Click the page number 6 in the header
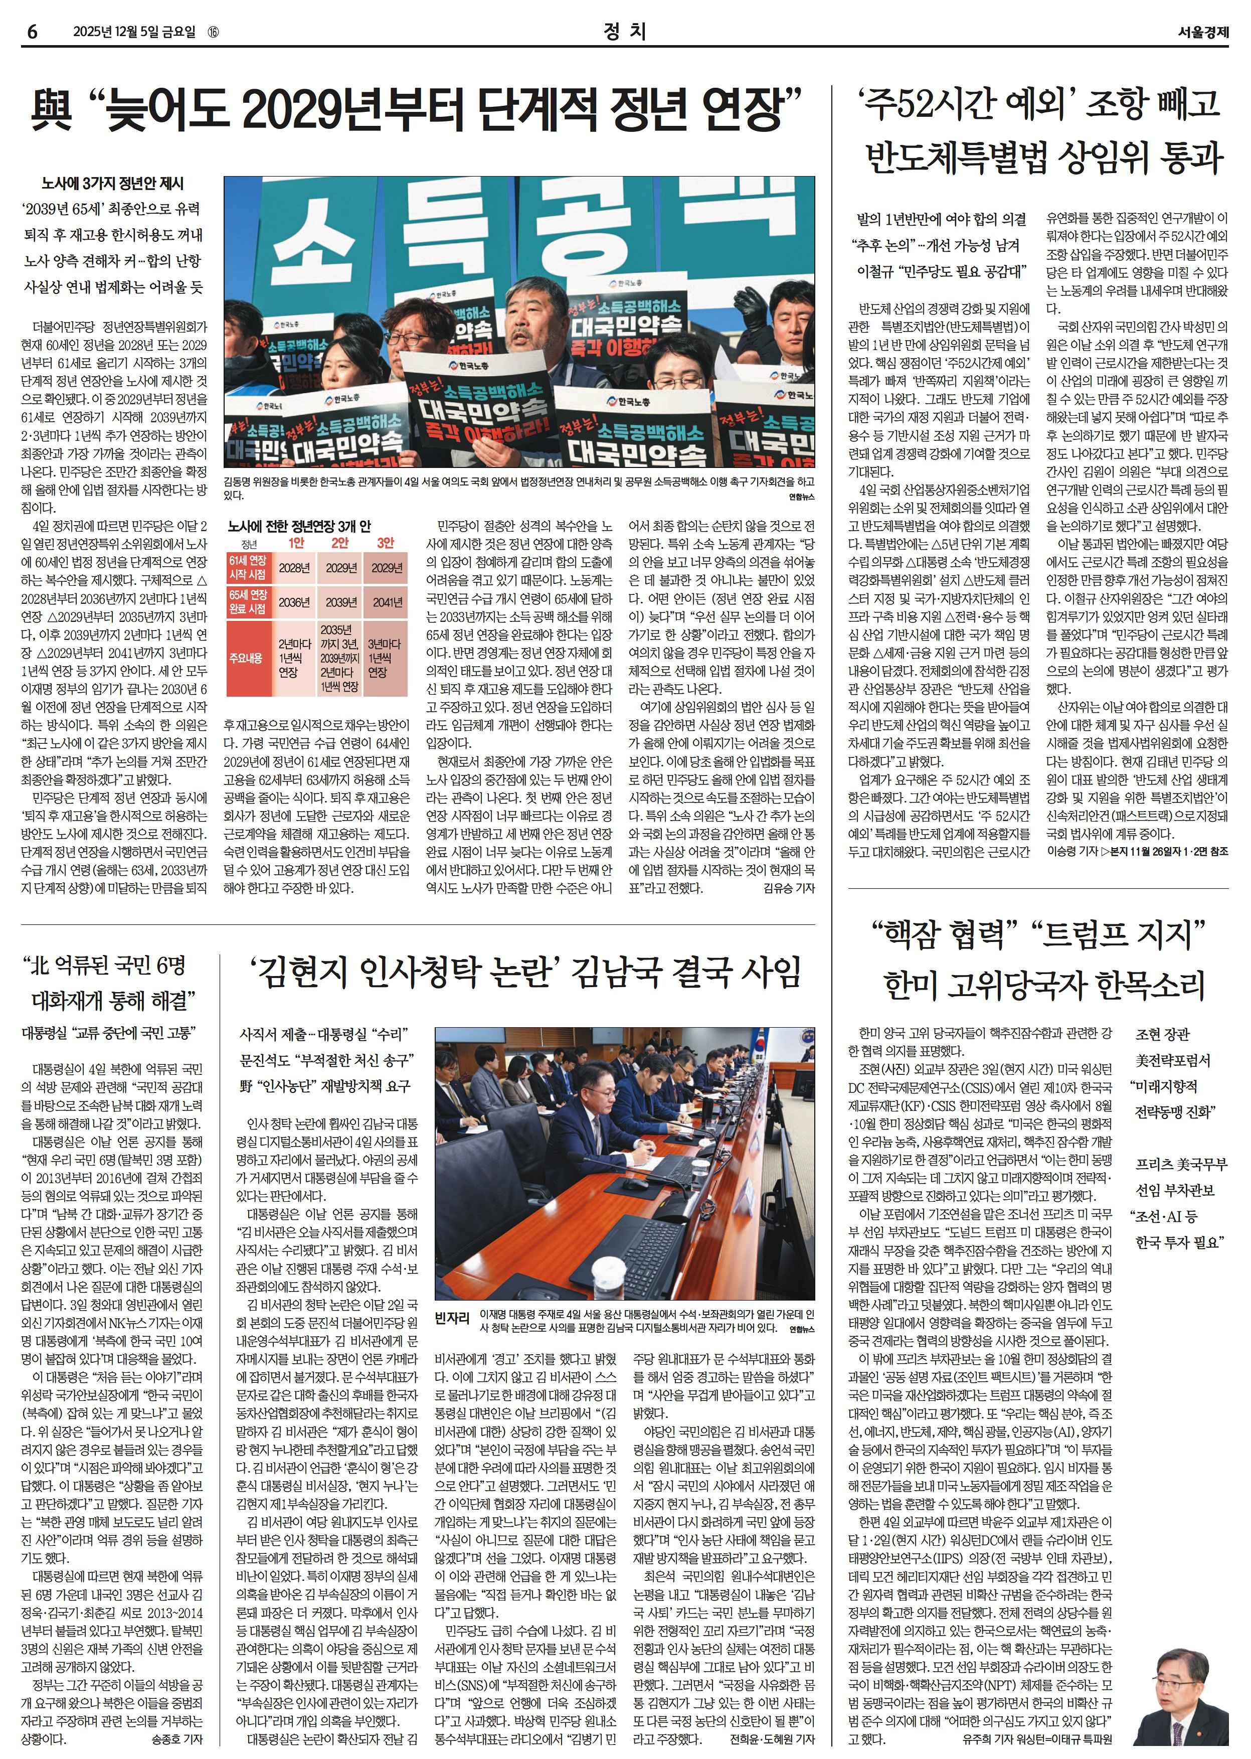[33, 32]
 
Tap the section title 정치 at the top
[625, 32]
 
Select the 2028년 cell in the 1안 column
[294, 568]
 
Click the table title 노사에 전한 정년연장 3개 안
[299, 526]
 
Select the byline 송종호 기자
[177, 1739]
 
